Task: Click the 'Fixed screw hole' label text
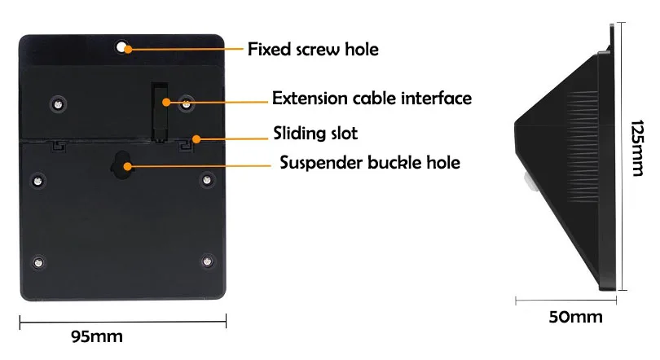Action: [x=313, y=49]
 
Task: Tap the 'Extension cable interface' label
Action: [x=372, y=98]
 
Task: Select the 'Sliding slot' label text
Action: [x=315, y=134]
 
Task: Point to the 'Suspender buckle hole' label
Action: [x=370, y=162]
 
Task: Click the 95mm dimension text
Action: [x=97, y=336]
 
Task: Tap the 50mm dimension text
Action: [x=575, y=317]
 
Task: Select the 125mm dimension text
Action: [x=637, y=148]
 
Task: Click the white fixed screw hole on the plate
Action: [x=121, y=46]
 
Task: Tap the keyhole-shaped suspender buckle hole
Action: [x=121, y=165]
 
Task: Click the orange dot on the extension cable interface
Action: [x=166, y=102]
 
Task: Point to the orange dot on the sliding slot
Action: [x=196, y=138]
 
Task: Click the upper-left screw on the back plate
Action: [x=58, y=103]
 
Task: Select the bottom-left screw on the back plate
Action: [x=38, y=262]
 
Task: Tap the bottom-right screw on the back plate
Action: [x=207, y=261]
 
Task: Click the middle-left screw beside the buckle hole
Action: [x=37, y=181]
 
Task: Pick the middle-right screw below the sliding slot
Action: [x=207, y=180]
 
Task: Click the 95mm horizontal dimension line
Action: [x=123, y=323]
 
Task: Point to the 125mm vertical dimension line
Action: [x=623, y=156]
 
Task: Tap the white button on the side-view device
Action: [x=527, y=182]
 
